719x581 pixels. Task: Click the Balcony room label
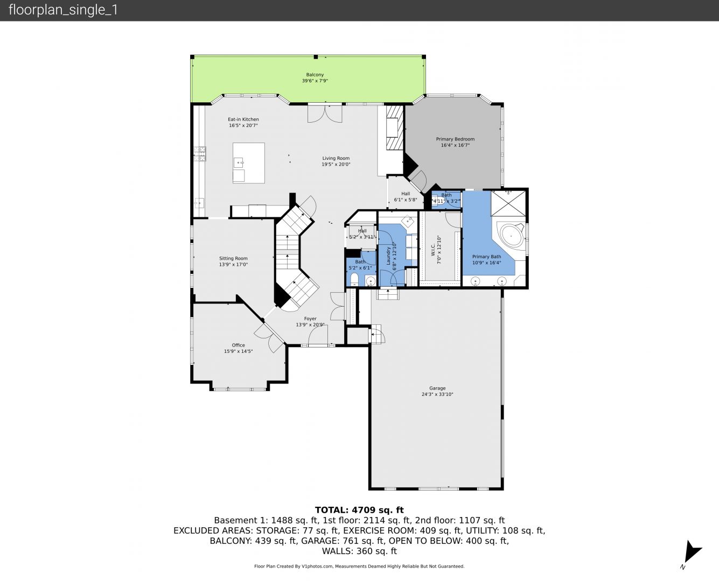(315, 75)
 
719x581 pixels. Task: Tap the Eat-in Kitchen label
(243, 119)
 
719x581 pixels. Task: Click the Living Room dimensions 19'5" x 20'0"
(336, 165)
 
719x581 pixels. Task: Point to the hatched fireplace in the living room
(395, 127)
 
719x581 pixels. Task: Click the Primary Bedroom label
(455, 139)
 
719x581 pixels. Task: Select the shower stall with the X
(508, 203)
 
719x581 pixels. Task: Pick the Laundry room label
(388, 256)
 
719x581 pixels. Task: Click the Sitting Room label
(233, 259)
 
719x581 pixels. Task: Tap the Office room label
(238, 345)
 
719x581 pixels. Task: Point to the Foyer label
(310, 318)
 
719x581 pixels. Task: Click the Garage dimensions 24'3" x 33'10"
(437, 394)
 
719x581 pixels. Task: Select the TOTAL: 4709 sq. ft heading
(359, 510)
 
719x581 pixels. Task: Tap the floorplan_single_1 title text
(63, 10)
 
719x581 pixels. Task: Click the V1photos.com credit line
(359, 566)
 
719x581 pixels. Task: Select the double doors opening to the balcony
(325, 114)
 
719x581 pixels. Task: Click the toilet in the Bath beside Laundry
(354, 280)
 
